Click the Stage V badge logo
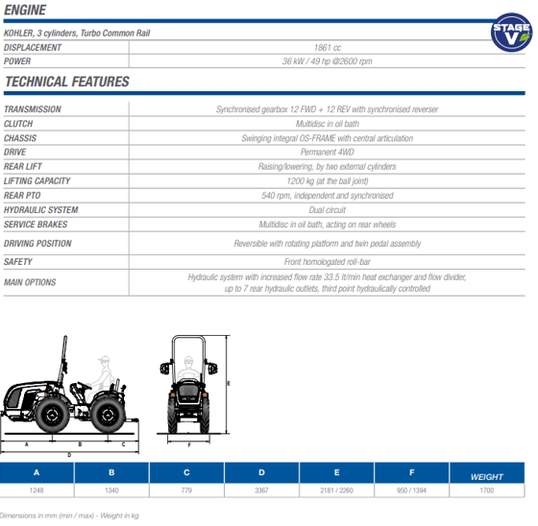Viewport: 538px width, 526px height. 511,33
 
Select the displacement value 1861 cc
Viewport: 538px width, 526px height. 328,48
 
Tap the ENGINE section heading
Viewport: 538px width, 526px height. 25,10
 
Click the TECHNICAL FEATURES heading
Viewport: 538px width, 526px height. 67,82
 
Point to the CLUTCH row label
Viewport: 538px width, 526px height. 18,124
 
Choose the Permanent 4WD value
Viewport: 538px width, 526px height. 328,152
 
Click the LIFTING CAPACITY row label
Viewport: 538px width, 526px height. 37,180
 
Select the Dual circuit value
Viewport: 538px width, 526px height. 328,210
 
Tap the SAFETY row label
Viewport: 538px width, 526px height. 18,262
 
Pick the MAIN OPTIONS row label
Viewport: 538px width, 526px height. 30,282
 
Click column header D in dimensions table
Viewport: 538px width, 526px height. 261,472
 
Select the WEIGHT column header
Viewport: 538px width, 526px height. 486,477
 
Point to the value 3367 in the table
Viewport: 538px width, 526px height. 261,490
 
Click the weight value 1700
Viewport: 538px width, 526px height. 486,490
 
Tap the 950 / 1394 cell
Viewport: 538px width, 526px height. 411,490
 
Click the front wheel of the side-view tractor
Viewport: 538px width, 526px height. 52,415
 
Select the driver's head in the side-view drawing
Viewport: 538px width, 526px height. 105,360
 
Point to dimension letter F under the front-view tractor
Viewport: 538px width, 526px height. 189,445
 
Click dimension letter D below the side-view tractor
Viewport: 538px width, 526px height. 69,455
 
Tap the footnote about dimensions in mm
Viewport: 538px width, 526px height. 69,515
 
